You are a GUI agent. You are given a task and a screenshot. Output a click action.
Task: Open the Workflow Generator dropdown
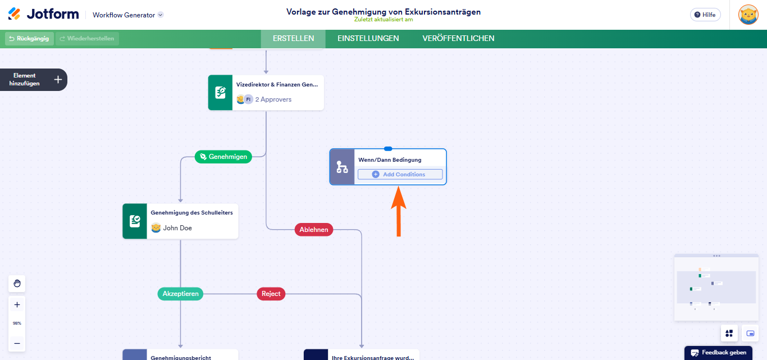pyautogui.click(x=161, y=15)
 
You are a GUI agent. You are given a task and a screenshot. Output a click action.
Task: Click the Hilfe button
pyautogui.click(x=705, y=15)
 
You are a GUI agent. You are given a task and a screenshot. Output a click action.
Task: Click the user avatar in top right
pyautogui.click(x=748, y=15)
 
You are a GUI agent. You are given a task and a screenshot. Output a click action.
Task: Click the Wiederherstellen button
pyautogui.click(x=87, y=39)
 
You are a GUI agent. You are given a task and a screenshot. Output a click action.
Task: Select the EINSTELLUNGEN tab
pyautogui.click(x=368, y=39)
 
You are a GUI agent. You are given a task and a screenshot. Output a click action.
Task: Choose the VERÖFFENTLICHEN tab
pyautogui.click(x=458, y=39)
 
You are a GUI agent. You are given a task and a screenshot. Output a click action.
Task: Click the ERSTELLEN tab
pyautogui.click(x=293, y=39)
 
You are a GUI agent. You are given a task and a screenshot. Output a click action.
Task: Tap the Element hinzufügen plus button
pyautogui.click(x=58, y=80)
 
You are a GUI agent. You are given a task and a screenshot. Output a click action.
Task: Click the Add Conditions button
pyautogui.click(x=400, y=175)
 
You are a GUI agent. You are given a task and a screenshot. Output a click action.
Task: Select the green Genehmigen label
pyautogui.click(x=223, y=157)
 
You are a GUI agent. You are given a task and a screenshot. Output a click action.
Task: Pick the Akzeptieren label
pyautogui.click(x=180, y=294)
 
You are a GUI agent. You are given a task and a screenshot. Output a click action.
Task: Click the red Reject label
pyautogui.click(x=271, y=294)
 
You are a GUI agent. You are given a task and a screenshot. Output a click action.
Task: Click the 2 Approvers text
pyautogui.click(x=273, y=99)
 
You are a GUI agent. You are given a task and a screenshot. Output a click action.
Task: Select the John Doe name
pyautogui.click(x=177, y=228)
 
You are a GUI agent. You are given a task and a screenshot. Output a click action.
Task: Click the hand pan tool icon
pyautogui.click(x=17, y=284)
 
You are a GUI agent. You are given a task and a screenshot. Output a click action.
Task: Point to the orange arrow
pyautogui.click(x=398, y=212)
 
